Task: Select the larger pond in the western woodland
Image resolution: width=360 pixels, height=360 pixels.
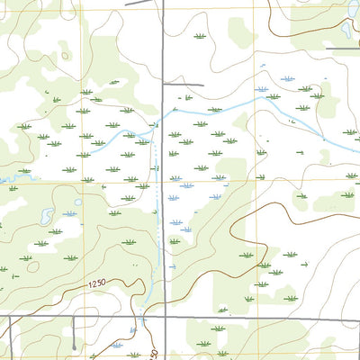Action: [x=44, y=215]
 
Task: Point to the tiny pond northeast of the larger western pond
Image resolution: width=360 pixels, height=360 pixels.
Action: [x=78, y=202]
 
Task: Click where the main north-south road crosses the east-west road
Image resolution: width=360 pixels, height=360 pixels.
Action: [x=163, y=317]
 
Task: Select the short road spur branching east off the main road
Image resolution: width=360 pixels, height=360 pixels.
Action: [x=184, y=85]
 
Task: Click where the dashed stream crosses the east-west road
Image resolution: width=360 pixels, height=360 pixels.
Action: [x=143, y=317]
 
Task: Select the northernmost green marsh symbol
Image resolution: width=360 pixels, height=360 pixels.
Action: [x=200, y=37]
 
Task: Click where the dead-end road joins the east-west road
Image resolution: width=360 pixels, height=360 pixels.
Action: [x=74, y=317]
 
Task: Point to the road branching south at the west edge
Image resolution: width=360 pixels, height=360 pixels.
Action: [x=9, y=333]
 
